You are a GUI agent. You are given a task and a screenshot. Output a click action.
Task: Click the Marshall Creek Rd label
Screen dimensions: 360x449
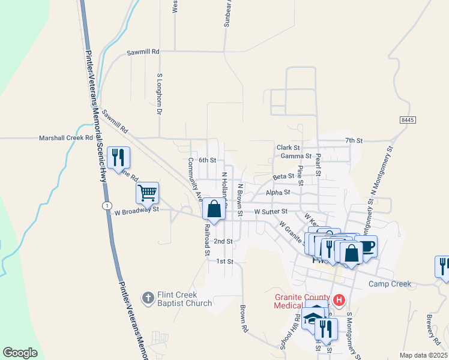click(67, 137)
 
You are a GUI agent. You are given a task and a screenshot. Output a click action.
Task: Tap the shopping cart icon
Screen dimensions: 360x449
click(147, 193)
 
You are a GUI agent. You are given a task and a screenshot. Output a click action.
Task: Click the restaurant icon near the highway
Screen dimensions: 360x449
click(118, 158)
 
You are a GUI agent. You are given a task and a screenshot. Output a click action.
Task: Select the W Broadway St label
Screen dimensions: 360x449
click(136, 211)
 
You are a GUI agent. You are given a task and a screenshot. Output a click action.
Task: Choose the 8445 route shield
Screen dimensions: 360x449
click(407, 120)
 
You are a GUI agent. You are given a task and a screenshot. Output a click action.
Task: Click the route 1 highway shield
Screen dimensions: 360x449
click(107, 206)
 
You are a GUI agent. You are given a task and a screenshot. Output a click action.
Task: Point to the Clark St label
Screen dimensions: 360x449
click(288, 148)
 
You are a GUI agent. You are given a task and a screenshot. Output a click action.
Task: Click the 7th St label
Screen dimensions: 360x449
click(354, 140)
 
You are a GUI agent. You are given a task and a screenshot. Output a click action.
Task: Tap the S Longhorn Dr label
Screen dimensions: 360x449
click(160, 95)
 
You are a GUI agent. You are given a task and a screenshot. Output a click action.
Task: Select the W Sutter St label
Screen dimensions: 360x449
click(271, 212)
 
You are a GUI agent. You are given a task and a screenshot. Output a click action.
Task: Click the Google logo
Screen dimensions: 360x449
click(20, 353)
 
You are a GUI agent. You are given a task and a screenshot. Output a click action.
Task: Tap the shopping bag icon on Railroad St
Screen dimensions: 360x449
click(214, 209)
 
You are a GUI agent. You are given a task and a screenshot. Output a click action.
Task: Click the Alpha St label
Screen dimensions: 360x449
click(278, 193)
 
